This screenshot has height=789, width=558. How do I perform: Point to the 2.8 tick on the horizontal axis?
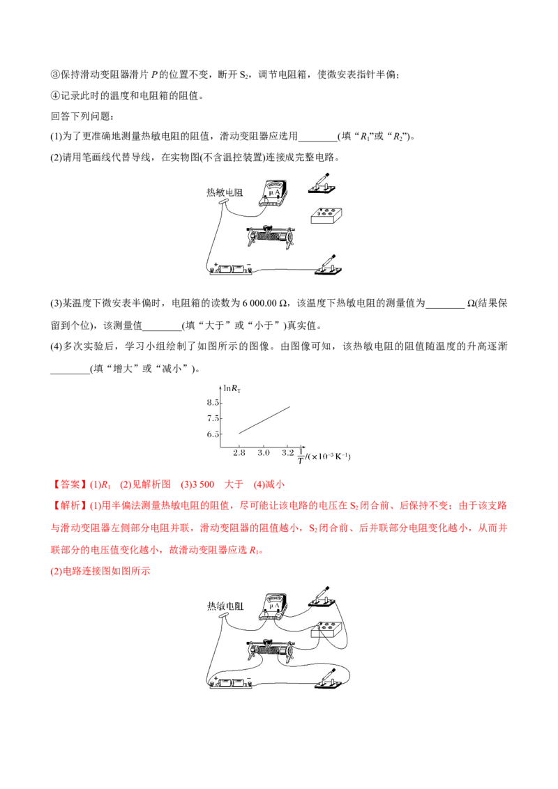[239, 453]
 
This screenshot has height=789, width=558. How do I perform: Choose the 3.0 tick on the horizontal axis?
[264, 453]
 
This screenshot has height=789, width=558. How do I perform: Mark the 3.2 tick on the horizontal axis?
[288, 453]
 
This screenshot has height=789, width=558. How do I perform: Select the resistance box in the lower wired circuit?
[326, 630]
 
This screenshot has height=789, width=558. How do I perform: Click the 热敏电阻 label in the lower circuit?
[224, 606]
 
